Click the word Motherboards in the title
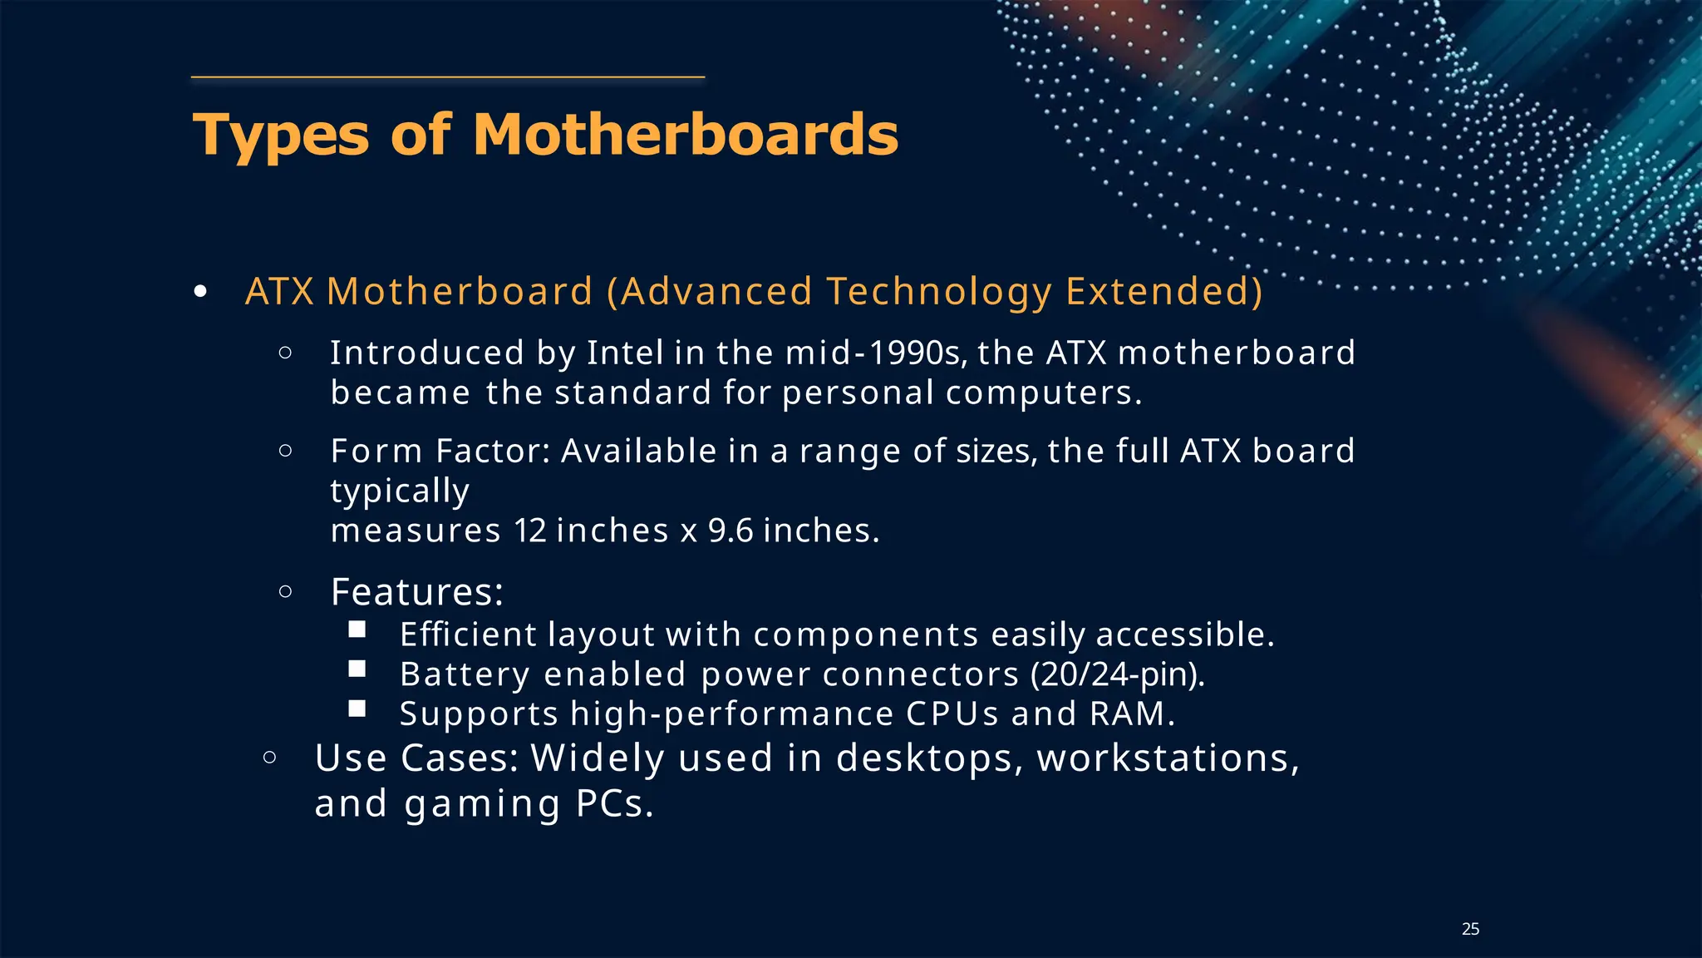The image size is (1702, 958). (686, 135)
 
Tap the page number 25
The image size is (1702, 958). (1470, 929)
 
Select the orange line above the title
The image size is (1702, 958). (448, 77)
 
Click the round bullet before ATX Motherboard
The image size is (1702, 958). (199, 292)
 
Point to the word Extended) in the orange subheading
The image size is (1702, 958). (1163, 292)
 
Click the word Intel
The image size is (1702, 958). (625, 353)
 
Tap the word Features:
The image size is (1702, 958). (417, 592)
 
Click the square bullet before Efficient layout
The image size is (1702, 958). (357, 630)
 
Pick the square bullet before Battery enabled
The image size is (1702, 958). (357, 669)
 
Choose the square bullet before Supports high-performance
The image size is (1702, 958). (357, 709)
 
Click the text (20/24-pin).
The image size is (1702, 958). (1117, 674)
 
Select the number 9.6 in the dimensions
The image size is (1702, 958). (730, 531)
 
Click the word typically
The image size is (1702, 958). (400, 491)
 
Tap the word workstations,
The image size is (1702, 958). (1168, 758)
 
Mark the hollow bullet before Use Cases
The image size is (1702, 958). (269, 758)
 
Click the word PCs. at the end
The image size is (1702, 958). (615, 804)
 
